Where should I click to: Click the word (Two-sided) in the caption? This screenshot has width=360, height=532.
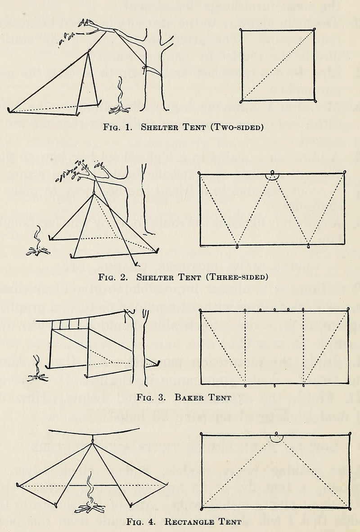pyautogui.click(x=237, y=127)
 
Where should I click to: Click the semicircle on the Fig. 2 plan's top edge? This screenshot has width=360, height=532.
pyautogui.click(x=272, y=176)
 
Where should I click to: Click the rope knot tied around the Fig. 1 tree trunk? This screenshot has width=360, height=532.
pyautogui.click(x=145, y=68)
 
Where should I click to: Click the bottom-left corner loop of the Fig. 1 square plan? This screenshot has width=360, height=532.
pyautogui.click(x=242, y=101)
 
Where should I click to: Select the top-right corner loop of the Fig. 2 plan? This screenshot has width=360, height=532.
pyautogui.click(x=345, y=171)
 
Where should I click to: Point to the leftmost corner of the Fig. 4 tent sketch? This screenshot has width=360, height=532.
pyautogui.click(x=18, y=485)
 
